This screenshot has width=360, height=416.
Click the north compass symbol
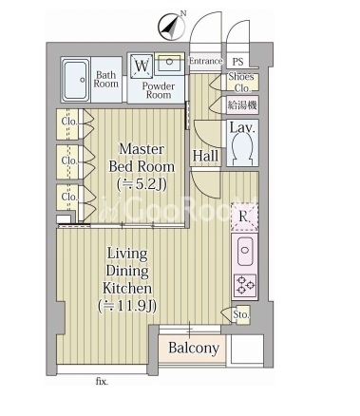click(x=172, y=27)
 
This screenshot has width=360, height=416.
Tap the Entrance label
click(x=205, y=61)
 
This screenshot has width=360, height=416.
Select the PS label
click(x=237, y=62)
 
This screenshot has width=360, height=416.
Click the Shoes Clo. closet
click(x=242, y=83)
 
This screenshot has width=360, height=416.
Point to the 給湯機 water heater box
click(x=242, y=104)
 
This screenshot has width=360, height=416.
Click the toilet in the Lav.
click(x=242, y=146)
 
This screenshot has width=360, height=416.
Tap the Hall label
click(x=205, y=156)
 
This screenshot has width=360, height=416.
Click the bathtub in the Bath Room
click(x=76, y=80)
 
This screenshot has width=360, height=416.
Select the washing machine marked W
click(x=141, y=66)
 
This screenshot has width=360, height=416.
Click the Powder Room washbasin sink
click(x=169, y=64)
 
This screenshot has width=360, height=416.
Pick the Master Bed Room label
click(x=142, y=158)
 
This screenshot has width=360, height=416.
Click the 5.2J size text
click(x=142, y=184)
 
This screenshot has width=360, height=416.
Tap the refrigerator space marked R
click(x=244, y=217)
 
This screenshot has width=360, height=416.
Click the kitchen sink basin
click(x=244, y=251)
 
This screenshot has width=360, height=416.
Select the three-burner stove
click(x=245, y=285)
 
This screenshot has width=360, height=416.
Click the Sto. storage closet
click(x=242, y=314)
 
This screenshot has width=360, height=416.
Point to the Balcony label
click(x=194, y=348)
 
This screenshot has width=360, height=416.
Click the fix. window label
click(x=102, y=382)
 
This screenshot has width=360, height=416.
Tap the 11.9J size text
click(x=127, y=307)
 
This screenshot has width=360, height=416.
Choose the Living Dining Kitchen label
click(x=127, y=271)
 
